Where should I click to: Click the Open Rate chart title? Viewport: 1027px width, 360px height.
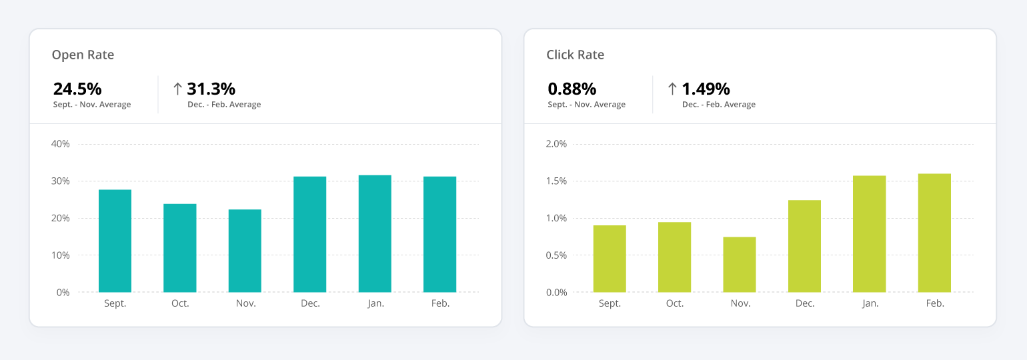[x=83, y=55]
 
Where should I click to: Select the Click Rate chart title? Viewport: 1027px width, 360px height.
[x=575, y=55]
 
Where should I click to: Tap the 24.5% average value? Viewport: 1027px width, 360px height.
[x=77, y=89]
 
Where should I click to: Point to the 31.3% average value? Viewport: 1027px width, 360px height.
[x=211, y=89]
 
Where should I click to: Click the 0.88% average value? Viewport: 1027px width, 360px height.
[x=572, y=89]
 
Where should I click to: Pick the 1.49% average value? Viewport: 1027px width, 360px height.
[x=706, y=89]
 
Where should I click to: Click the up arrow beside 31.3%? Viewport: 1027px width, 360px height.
[x=177, y=89]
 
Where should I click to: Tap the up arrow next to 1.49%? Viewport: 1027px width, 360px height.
[x=672, y=89]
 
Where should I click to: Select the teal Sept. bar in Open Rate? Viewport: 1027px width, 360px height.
[x=115, y=241]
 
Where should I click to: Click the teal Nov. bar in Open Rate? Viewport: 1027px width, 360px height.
[x=245, y=251]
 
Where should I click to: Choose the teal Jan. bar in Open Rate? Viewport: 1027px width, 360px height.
[x=375, y=233]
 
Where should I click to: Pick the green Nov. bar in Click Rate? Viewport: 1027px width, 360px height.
[x=740, y=265]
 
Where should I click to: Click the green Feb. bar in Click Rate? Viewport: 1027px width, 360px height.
[x=934, y=233]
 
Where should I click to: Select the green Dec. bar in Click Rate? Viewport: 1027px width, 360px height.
[x=804, y=246]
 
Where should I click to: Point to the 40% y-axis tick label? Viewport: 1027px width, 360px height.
[x=60, y=144]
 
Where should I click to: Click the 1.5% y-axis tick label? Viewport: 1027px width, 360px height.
[x=556, y=181]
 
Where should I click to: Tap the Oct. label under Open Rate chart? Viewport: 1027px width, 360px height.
[x=180, y=303]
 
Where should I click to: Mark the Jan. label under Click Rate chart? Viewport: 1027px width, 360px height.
[x=870, y=303]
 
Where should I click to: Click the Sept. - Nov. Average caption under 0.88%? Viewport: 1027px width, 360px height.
[x=586, y=105]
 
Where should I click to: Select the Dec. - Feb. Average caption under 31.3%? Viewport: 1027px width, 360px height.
[x=224, y=105]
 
